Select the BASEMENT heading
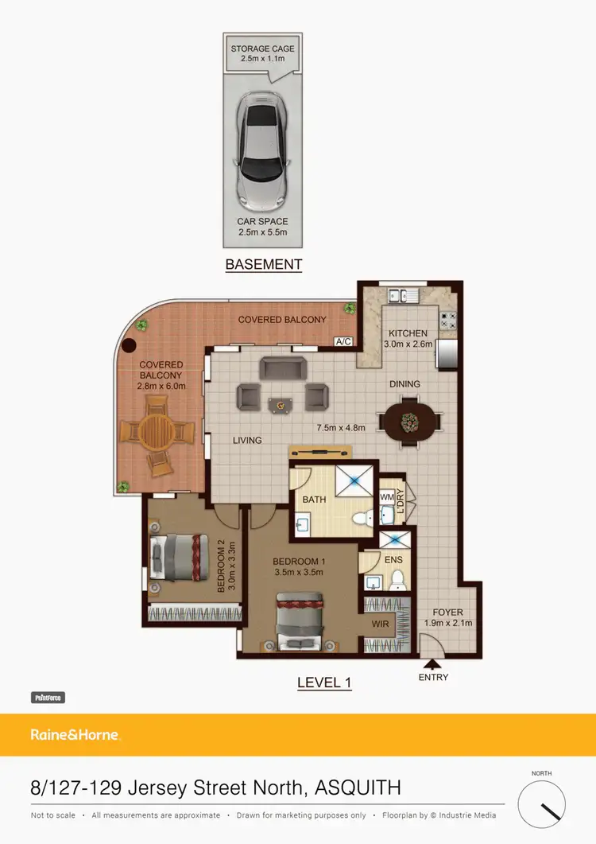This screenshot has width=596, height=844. point(263,264)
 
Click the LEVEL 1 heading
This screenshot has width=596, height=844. point(324,682)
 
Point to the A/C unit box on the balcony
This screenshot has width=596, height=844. point(344,341)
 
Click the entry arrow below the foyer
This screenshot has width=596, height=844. point(432,663)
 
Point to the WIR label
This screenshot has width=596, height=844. point(381,624)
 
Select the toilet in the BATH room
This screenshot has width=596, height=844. point(362,519)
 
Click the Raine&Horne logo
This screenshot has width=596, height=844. point(75,735)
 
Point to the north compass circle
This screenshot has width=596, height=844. point(542,805)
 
